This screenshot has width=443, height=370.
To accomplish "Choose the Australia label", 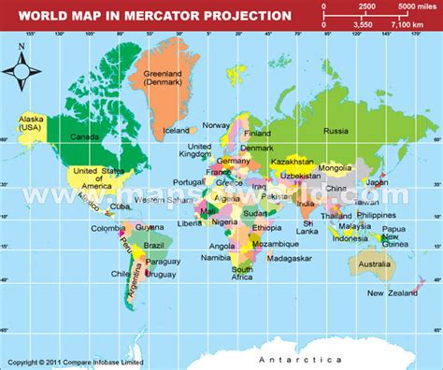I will coord(374,264).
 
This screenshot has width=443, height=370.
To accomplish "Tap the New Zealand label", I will coord(390,293).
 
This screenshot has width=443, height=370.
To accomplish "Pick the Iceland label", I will coord(176,131).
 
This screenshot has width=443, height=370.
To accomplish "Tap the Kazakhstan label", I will coord(293,161).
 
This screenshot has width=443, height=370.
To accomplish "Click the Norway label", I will coord(216,125).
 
